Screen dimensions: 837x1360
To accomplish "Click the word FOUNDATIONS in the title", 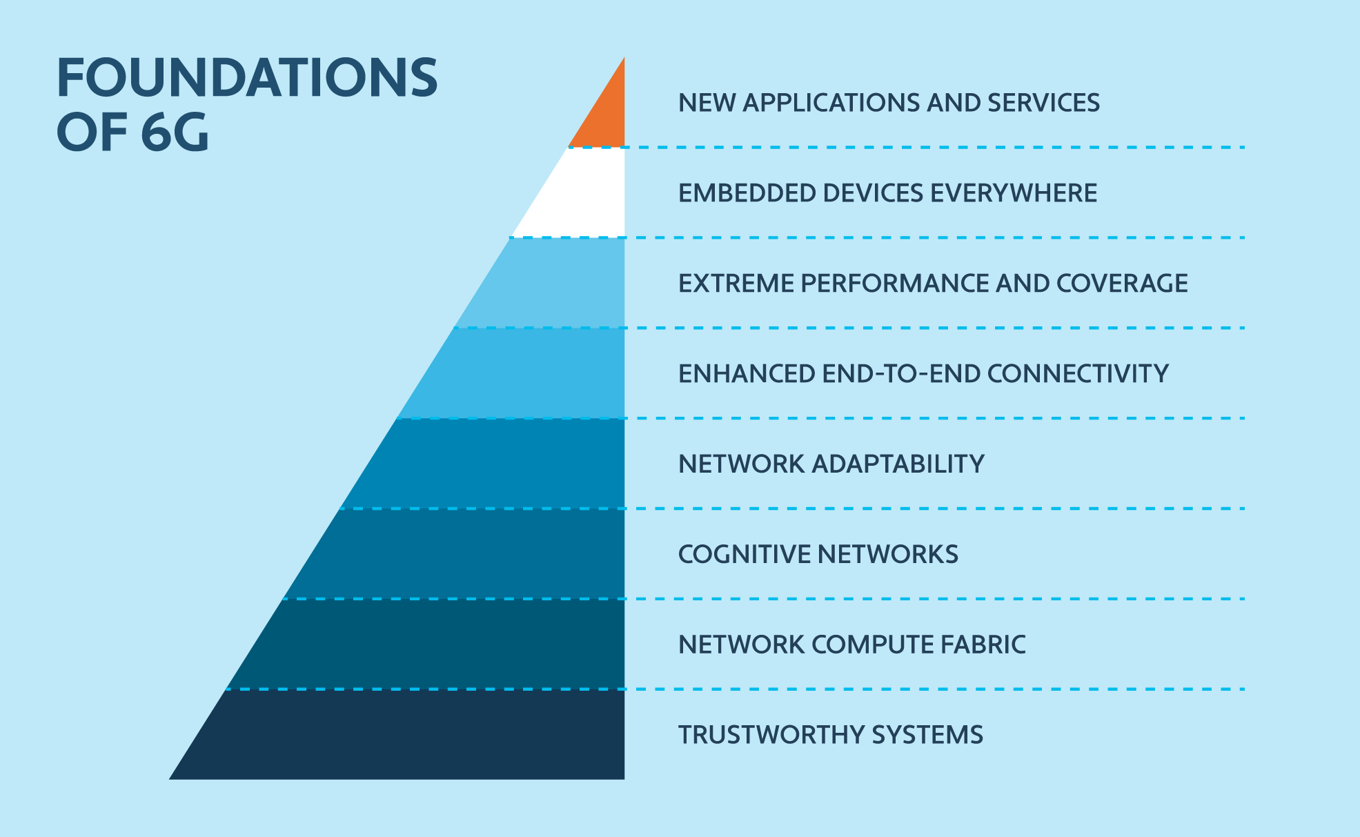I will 247,77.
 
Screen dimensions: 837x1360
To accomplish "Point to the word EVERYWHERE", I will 1014,193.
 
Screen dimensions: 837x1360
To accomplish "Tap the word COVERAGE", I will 1122,284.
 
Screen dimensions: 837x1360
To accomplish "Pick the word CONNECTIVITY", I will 1078,374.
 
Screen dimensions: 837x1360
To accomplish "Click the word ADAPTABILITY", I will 898,464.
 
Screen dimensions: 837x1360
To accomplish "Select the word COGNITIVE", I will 745,555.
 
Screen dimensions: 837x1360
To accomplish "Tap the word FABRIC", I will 984,645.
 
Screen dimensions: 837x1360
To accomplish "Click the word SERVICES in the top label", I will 1043,103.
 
